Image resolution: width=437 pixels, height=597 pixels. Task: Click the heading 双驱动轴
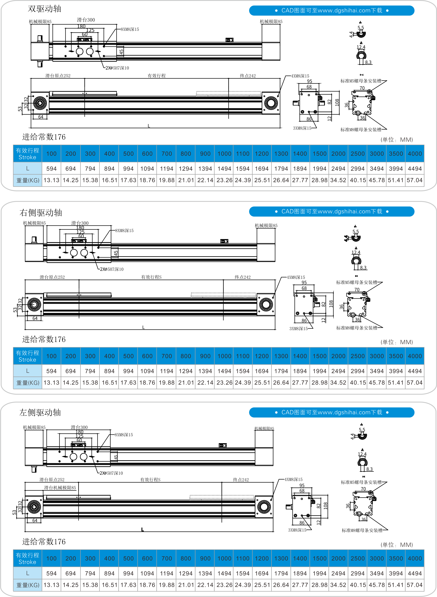(44, 9)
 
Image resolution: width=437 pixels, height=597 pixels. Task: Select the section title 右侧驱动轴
(41, 213)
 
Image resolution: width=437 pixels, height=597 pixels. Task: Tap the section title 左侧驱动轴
(40, 412)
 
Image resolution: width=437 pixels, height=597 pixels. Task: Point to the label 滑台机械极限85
(60, 488)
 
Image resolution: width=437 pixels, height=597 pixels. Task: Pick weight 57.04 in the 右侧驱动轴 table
(415, 383)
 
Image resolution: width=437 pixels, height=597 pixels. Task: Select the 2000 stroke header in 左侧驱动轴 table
(338, 558)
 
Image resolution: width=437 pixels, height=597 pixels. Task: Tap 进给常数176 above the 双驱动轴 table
(44, 137)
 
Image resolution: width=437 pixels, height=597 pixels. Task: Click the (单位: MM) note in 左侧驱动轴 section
(397, 545)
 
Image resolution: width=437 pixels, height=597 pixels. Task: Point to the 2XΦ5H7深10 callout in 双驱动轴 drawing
(117, 68)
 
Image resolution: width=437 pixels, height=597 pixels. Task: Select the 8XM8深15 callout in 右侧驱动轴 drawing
(124, 231)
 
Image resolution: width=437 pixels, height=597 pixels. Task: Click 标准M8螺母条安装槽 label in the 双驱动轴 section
(361, 130)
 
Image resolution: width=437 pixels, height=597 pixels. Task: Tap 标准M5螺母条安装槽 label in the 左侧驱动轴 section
(361, 482)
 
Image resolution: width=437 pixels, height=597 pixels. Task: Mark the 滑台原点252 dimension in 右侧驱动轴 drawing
(52, 277)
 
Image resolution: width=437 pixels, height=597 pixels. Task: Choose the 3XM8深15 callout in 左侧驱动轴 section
(297, 530)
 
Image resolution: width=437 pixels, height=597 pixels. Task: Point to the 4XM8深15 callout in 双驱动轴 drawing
(300, 76)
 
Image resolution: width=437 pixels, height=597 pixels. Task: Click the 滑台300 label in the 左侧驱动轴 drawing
(79, 427)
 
